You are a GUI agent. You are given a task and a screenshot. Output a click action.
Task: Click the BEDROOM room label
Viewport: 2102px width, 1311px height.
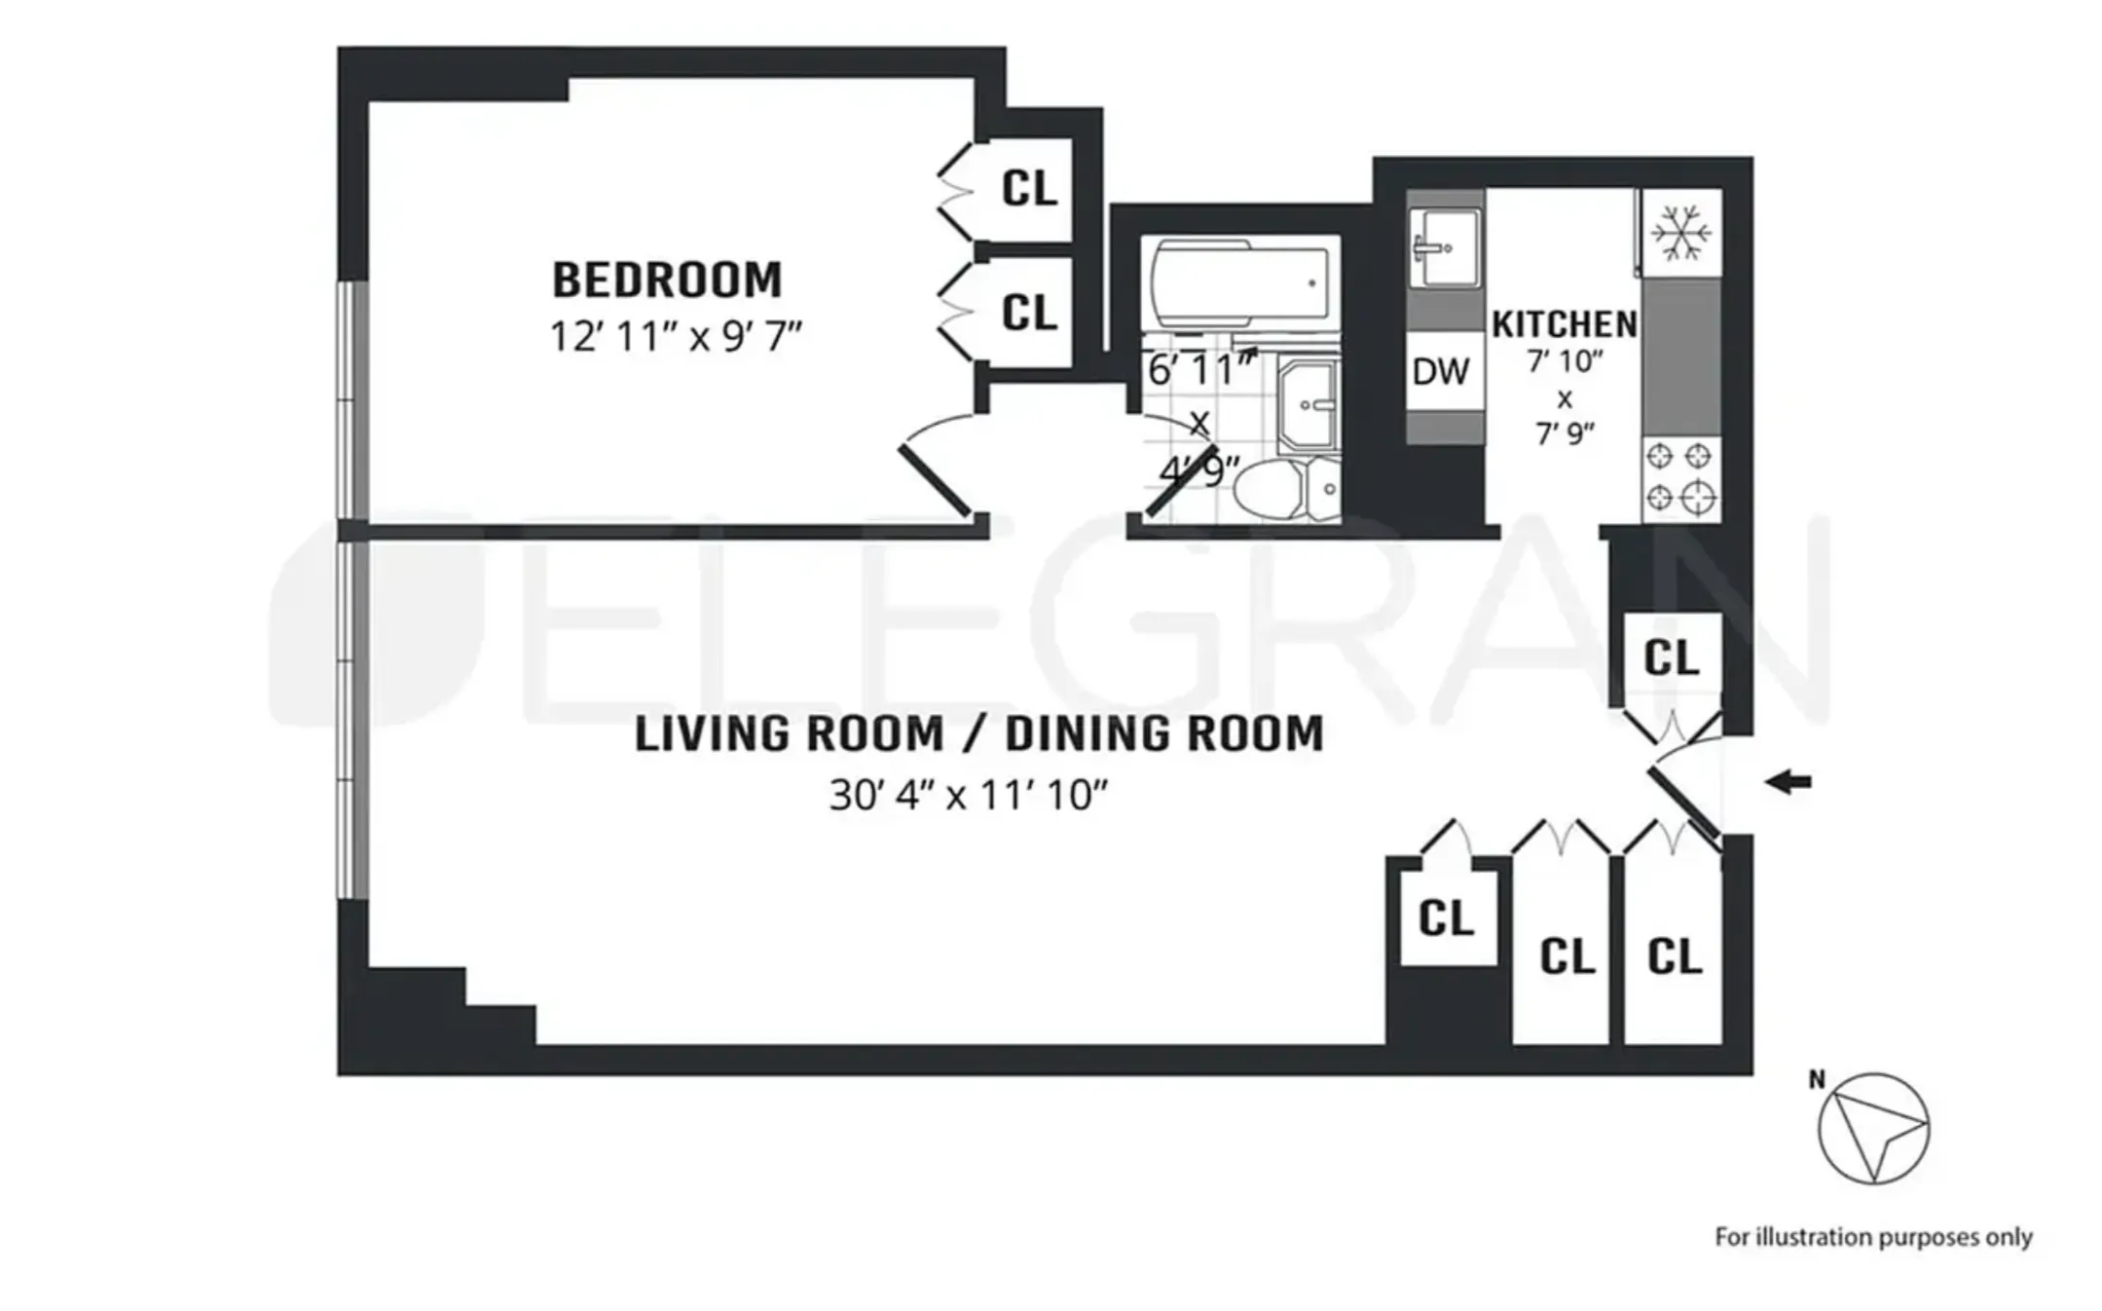tap(667, 281)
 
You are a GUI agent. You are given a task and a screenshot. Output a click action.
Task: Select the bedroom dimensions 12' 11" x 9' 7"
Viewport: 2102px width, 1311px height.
tap(675, 338)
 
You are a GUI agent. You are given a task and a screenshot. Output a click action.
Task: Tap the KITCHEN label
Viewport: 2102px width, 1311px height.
tap(1564, 324)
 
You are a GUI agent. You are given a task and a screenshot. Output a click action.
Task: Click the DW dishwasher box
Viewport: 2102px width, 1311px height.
tap(1441, 371)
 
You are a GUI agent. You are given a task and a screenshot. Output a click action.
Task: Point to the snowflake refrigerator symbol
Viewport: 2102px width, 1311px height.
tap(1681, 232)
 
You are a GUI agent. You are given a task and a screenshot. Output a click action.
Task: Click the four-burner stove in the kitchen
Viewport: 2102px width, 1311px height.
tap(1680, 477)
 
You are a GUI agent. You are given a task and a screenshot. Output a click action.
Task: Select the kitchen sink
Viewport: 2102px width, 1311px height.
tap(1445, 247)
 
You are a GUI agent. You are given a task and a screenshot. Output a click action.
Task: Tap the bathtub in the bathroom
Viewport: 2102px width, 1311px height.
tap(1240, 283)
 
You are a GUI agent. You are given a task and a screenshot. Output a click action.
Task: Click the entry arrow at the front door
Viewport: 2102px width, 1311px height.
tap(1789, 781)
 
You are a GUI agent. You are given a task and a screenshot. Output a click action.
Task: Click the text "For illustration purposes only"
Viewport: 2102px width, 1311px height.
tap(1872, 1237)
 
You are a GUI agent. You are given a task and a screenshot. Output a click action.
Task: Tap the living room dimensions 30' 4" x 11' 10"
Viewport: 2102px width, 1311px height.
tap(969, 796)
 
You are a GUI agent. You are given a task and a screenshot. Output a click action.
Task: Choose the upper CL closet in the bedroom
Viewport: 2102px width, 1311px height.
tap(1028, 188)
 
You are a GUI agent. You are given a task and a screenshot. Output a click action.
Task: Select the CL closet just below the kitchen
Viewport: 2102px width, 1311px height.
tap(1671, 658)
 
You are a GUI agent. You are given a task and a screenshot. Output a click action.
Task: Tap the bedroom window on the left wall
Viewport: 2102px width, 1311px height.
tap(352, 399)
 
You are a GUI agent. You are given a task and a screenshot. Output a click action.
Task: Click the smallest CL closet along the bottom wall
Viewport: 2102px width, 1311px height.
tap(1446, 918)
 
